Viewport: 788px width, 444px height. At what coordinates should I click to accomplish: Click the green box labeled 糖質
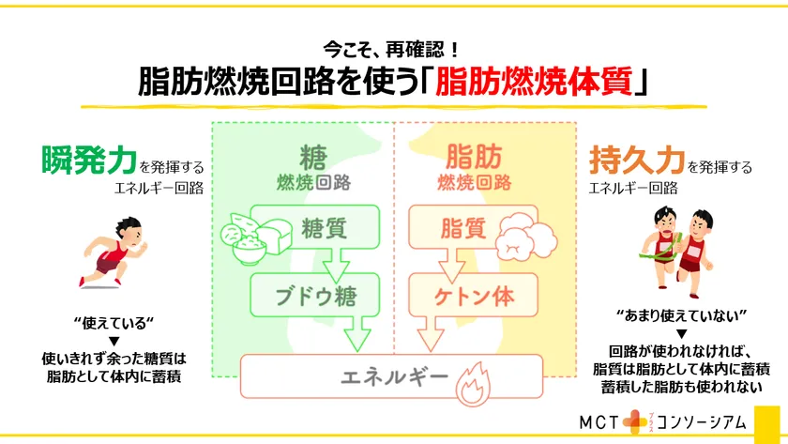coord(314,227)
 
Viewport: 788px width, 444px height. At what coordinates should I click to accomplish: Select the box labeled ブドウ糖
coord(314,295)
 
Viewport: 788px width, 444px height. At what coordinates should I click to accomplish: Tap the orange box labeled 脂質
coord(473,227)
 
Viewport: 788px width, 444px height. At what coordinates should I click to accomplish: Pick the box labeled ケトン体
coord(473,295)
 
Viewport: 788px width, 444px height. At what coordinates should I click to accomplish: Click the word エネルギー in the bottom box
coord(395,376)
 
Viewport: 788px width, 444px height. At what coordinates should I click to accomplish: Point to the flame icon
coord(473,384)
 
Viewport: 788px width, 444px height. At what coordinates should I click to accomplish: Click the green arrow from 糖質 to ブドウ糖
coord(336,265)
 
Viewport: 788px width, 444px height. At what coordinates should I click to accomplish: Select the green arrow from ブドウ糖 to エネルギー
coord(357,334)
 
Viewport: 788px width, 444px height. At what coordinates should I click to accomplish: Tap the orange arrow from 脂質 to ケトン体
coord(452,265)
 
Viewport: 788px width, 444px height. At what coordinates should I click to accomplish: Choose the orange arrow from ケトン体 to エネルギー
coord(431,334)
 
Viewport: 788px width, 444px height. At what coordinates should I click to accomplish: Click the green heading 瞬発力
coord(89,160)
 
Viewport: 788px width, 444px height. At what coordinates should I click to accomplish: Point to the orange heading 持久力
coord(637,160)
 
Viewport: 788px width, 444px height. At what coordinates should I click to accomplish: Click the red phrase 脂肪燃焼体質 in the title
coord(533,82)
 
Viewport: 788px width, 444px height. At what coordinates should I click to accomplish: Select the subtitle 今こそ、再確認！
coord(391,49)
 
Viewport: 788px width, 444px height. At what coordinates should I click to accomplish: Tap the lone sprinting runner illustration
coord(113,253)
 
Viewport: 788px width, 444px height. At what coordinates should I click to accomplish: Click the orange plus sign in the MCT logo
coord(635,422)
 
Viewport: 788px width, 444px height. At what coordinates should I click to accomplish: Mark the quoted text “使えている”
coord(114,323)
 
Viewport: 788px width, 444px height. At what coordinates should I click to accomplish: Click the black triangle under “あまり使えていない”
coord(681,334)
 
